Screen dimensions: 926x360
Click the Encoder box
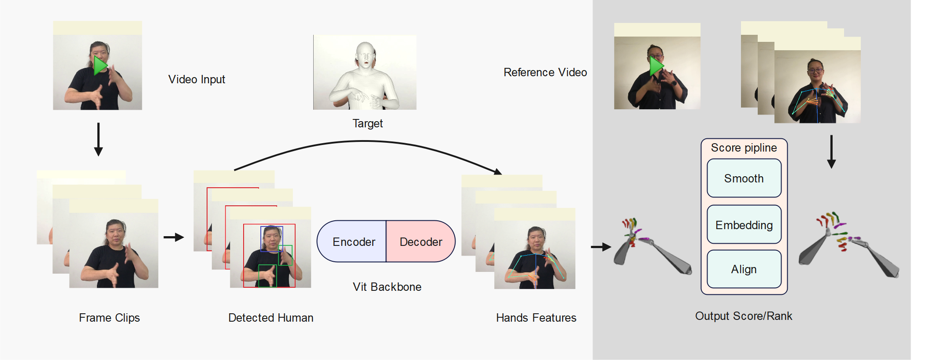coord(352,241)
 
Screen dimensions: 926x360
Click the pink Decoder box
coord(421,241)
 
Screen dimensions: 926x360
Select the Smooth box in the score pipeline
coord(744,178)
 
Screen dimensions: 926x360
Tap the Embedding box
coord(744,225)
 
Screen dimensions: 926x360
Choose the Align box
coord(744,269)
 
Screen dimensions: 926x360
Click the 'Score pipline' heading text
coord(744,148)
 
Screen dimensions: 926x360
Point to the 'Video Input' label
coord(196,79)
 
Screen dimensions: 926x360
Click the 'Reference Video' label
coord(545,72)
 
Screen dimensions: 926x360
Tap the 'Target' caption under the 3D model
coord(367,123)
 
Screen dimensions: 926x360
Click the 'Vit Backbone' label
coord(387,287)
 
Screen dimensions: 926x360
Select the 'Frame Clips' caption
coord(109,318)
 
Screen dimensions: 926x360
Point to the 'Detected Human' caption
coord(271,318)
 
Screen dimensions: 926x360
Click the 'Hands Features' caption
coord(536,318)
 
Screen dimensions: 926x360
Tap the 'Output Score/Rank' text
coord(744,316)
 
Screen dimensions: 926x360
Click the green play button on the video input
coord(100,65)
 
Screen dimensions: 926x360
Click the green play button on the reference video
coord(656,66)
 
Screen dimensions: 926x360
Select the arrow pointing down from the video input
coord(98,139)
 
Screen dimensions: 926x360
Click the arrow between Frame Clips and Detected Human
coord(174,237)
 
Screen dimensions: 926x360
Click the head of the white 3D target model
coord(366,55)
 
